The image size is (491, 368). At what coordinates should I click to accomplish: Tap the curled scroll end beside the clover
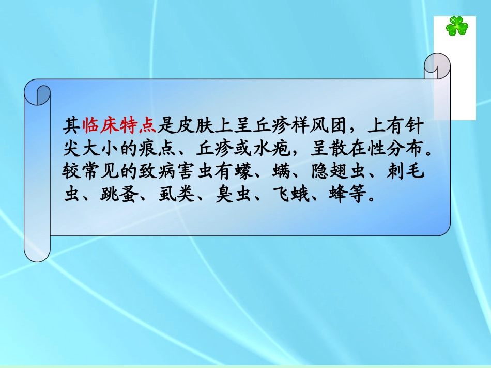coord(437,66)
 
